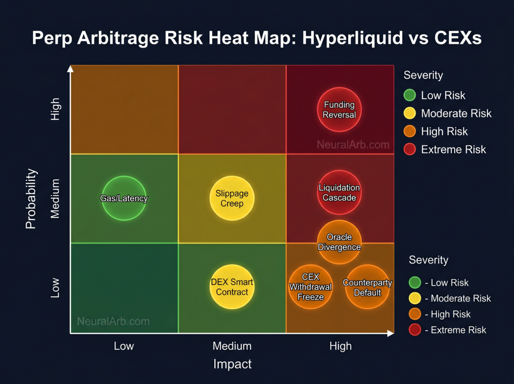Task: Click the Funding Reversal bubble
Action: click(x=339, y=109)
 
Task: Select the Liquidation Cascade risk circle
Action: click(x=339, y=193)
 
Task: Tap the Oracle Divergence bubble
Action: click(x=339, y=242)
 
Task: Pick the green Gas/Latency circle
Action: click(x=124, y=198)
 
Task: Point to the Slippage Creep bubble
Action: click(x=232, y=198)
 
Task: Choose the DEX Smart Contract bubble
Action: click(x=232, y=287)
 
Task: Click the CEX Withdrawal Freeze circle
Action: click(x=310, y=287)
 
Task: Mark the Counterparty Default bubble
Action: click(x=367, y=287)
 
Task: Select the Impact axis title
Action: click(x=232, y=364)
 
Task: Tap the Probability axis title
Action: click(x=31, y=198)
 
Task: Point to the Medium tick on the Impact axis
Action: click(x=232, y=346)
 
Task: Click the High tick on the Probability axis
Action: click(x=55, y=109)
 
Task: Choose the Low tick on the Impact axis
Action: click(x=124, y=346)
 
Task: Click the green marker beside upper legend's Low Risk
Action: click(x=410, y=95)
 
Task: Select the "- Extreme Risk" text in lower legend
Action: click(x=455, y=330)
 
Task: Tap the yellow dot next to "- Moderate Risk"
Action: click(x=415, y=298)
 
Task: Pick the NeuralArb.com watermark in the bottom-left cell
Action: click(x=113, y=321)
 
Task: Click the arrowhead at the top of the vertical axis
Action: click(x=71, y=68)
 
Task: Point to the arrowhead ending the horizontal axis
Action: click(x=390, y=333)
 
